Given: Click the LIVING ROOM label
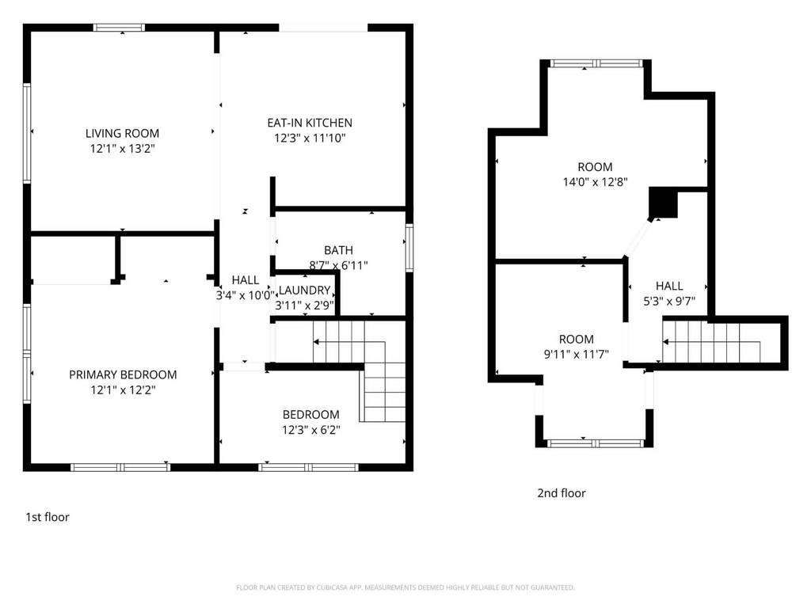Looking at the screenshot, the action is coord(122,133).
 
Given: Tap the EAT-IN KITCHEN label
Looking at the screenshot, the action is coord(310,123).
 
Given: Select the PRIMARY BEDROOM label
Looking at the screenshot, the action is coord(123,374).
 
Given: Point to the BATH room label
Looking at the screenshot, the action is coord(339,250).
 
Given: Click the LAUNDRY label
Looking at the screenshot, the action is coord(305,291).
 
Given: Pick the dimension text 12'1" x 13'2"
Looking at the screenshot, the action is coord(123,149).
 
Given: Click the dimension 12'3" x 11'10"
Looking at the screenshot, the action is coord(310,138).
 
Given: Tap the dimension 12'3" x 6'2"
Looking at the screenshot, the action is coord(311,430).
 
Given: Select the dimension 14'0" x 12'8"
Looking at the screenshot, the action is coord(596,182).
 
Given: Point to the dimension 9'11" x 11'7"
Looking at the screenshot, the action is coord(577,354).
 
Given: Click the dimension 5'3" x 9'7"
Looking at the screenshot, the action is coord(669,301).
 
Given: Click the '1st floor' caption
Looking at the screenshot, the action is coord(48,517).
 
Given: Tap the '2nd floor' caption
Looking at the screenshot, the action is coord(562,493).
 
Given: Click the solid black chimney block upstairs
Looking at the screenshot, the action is coord(663,203).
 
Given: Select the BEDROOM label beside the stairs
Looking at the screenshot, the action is coord(310,415).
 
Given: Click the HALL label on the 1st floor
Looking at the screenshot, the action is coord(246,280).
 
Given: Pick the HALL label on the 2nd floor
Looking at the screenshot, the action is coord(669,286).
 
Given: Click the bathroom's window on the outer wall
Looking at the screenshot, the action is coord(409,248).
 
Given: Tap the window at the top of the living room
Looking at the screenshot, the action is coord(119,28).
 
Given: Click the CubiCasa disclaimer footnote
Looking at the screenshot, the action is coord(405,587).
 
